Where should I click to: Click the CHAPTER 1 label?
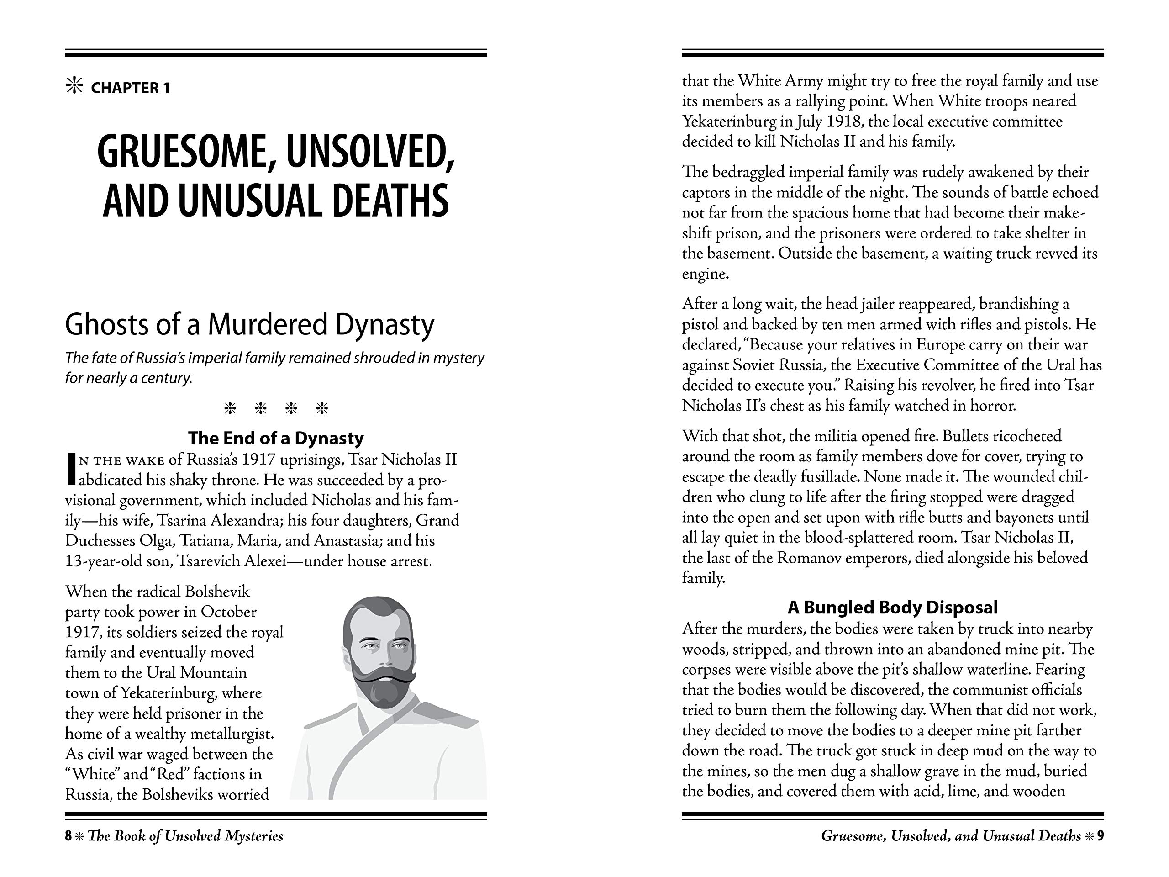tap(130, 88)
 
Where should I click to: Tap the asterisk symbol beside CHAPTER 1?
tap(74, 86)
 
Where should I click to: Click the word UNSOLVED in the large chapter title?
tap(369, 152)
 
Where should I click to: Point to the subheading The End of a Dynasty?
tap(276, 438)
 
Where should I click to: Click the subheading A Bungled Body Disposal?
tap(893, 607)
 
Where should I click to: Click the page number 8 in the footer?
tap(68, 836)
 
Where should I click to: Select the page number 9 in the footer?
tap(1101, 836)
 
